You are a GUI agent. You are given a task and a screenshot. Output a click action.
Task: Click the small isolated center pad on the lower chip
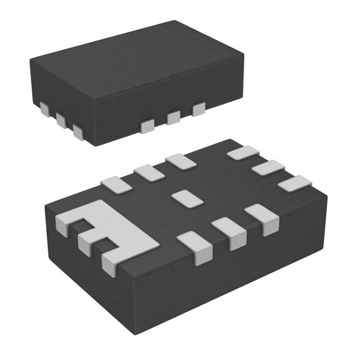tap(182, 197)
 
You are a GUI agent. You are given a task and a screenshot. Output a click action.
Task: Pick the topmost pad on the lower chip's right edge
tap(242, 154)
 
